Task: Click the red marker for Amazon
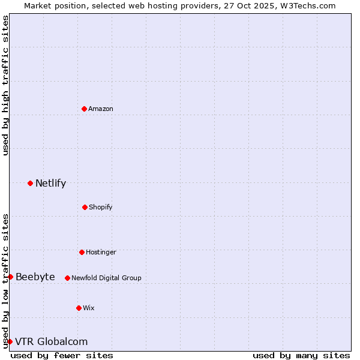85,109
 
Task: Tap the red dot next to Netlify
30,183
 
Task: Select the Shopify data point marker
85,207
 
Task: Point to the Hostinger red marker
82,252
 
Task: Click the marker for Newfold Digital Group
67,278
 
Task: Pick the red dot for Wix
79,308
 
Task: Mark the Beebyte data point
10,277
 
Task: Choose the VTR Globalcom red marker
10,341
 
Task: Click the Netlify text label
50,184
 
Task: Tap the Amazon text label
101,109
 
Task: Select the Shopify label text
101,208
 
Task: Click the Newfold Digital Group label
106,278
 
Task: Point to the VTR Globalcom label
51,342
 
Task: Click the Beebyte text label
35,277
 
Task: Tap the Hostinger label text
101,253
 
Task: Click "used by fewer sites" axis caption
62,355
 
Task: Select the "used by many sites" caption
301,355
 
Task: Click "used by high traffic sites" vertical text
5,85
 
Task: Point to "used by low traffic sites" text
5,281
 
